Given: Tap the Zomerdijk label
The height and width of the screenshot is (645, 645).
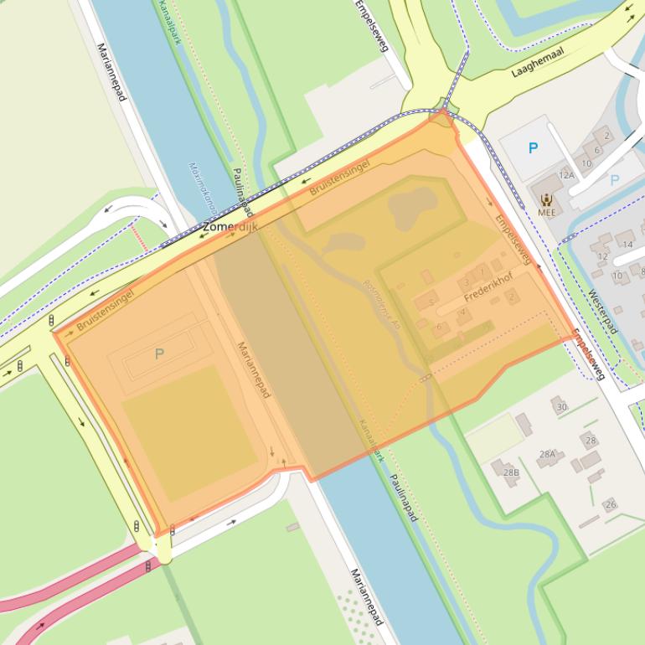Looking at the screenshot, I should click(231, 227).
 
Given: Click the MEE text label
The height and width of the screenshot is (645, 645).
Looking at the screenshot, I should click(546, 213).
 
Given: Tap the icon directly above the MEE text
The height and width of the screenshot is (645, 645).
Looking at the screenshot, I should click(546, 199).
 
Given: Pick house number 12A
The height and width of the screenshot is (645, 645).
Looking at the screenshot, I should click(567, 175).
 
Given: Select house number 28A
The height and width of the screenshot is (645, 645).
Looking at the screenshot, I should click(547, 454).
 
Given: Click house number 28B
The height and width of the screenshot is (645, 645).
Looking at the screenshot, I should click(511, 472).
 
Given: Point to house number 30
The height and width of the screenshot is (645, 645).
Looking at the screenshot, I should click(561, 407).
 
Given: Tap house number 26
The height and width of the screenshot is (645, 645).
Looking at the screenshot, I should click(611, 504).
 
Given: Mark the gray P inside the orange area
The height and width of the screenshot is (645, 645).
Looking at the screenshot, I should click(159, 354).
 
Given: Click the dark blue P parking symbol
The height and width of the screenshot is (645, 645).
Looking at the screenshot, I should click(533, 148).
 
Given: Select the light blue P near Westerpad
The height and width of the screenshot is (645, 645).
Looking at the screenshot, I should click(614, 180).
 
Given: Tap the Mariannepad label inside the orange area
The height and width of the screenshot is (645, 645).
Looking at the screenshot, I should click(252, 369).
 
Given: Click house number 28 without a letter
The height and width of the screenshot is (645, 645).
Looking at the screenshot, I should click(591, 441).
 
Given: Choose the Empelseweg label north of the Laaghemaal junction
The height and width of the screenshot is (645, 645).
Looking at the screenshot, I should click(372, 27).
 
